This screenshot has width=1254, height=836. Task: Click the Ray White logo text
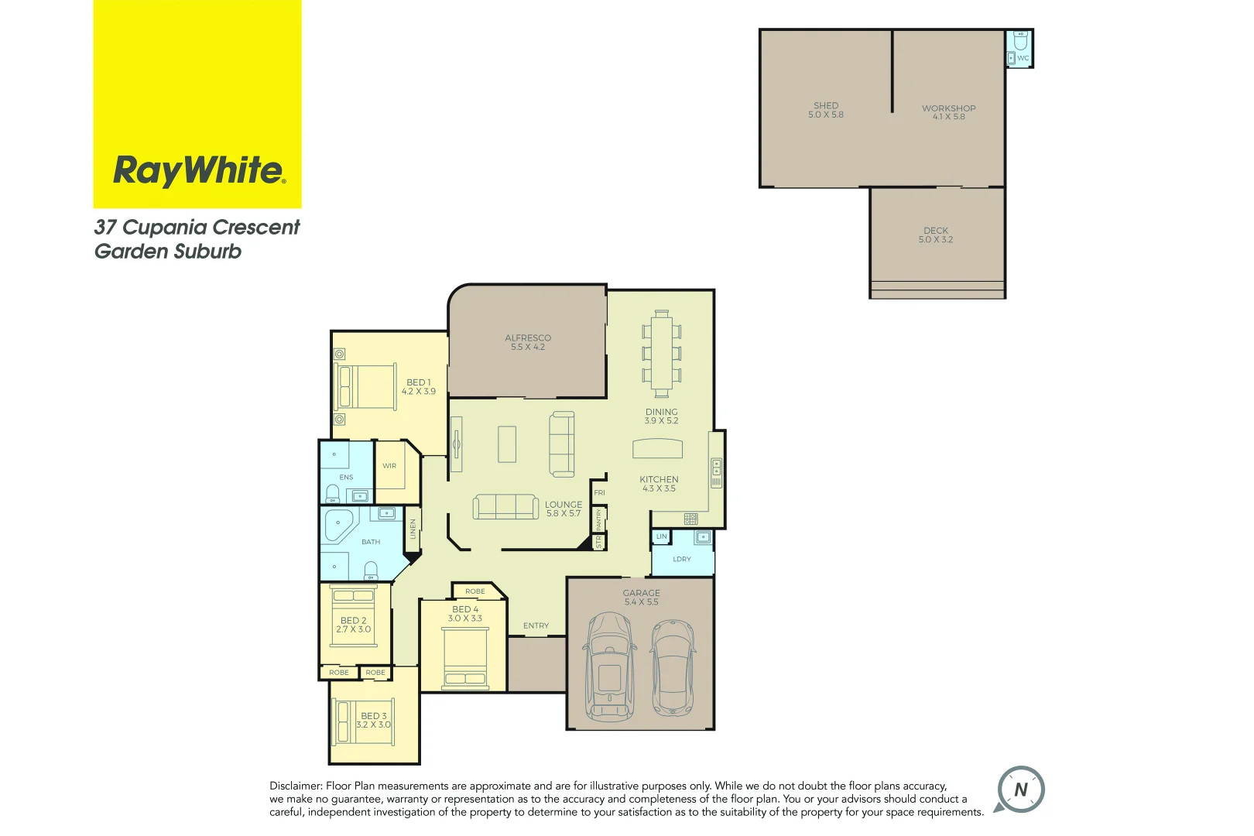(x=199, y=170)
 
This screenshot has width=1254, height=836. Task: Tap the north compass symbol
(x=1020, y=790)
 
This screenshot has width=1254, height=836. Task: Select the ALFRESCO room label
(x=528, y=338)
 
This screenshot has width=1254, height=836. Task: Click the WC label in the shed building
(x=1023, y=58)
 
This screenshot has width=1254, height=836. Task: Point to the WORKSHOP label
(x=948, y=108)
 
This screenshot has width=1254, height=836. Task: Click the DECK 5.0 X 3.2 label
(x=936, y=235)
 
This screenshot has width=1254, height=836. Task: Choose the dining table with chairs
(x=661, y=353)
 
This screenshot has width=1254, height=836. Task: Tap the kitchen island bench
(x=658, y=449)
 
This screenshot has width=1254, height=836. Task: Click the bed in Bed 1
(x=366, y=386)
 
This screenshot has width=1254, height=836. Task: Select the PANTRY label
(x=598, y=519)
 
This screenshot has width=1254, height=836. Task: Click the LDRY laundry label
(x=681, y=559)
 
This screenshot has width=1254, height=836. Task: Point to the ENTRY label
(x=536, y=625)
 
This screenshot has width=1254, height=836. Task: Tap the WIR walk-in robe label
(x=389, y=466)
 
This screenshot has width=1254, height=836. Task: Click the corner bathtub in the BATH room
(x=338, y=525)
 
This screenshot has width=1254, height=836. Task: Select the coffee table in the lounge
(x=507, y=444)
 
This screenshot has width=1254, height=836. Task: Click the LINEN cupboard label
(x=413, y=529)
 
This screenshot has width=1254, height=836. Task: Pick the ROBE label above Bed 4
(x=475, y=591)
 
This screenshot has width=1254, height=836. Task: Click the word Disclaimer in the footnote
(x=295, y=786)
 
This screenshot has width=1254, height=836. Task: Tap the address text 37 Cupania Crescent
(x=197, y=228)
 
